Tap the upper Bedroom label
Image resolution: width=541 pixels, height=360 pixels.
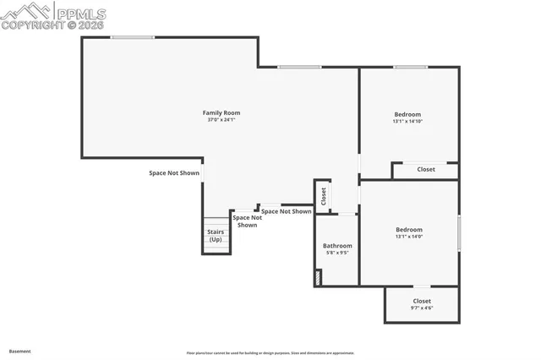pyautogui.click(x=407, y=114)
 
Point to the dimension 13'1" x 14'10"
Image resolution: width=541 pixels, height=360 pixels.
pyautogui.click(x=407, y=122)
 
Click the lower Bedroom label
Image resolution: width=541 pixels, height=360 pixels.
pyautogui.click(x=409, y=229)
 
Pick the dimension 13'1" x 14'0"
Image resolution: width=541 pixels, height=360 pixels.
pyautogui.click(x=409, y=237)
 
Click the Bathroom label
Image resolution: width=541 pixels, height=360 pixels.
pyautogui.click(x=338, y=246)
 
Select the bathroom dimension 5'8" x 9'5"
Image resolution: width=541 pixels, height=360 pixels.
pyautogui.click(x=338, y=253)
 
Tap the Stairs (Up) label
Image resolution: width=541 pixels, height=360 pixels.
pyautogui.click(x=216, y=235)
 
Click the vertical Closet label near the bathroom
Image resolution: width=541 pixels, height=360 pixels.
pyautogui.click(x=323, y=196)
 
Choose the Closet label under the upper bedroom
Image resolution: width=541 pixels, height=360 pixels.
pyautogui.click(x=426, y=169)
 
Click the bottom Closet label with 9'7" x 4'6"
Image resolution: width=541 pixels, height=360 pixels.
pyautogui.click(x=422, y=301)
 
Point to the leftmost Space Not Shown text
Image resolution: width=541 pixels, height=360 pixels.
pyautogui.click(x=174, y=172)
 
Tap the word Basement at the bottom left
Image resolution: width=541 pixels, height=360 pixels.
pyautogui.click(x=20, y=350)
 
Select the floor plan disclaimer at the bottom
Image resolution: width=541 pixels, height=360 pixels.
pyautogui.click(x=270, y=353)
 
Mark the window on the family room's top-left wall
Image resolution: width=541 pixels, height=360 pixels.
pyautogui.click(x=133, y=37)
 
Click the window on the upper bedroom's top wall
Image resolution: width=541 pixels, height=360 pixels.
pyautogui.click(x=410, y=68)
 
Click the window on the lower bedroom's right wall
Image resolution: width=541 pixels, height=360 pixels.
pyautogui.click(x=459, y=232)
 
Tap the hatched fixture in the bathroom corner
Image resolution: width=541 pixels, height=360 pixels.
pyautogui.click(x=318, y=277)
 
